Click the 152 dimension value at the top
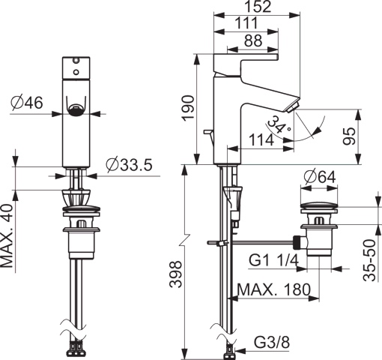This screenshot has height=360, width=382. tap(257, 7)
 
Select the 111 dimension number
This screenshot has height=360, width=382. tap(246, 23)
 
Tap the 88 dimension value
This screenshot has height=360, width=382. tap(253, 40)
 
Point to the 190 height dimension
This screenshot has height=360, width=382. tap(188, 108)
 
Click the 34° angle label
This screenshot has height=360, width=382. tap(279, 124)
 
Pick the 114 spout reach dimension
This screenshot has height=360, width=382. tap(261, 139)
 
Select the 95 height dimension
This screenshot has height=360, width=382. tap(349, 136)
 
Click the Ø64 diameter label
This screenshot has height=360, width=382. tap(320, 177)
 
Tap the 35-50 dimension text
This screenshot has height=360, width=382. tap(369, 260)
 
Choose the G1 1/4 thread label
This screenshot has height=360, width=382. tap(273, 260)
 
